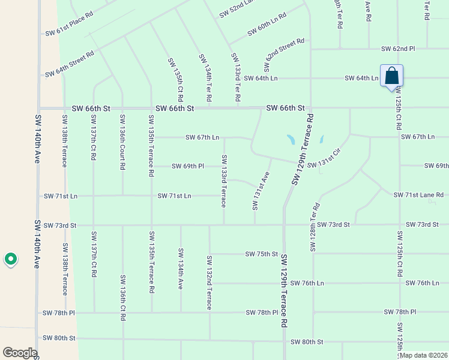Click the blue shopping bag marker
point(391,77)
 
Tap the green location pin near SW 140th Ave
point(10,259)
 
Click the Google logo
point(20,353)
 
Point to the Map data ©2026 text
point(423,355)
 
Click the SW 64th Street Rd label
point(70,64)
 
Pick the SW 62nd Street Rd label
point(285,52)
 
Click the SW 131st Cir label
point(324,158)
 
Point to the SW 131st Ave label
point(260,191)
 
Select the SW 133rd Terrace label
point(224,181)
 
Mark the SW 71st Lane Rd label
point(418,195)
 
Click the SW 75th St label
point(261,254)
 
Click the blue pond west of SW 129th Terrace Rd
point(291,140)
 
